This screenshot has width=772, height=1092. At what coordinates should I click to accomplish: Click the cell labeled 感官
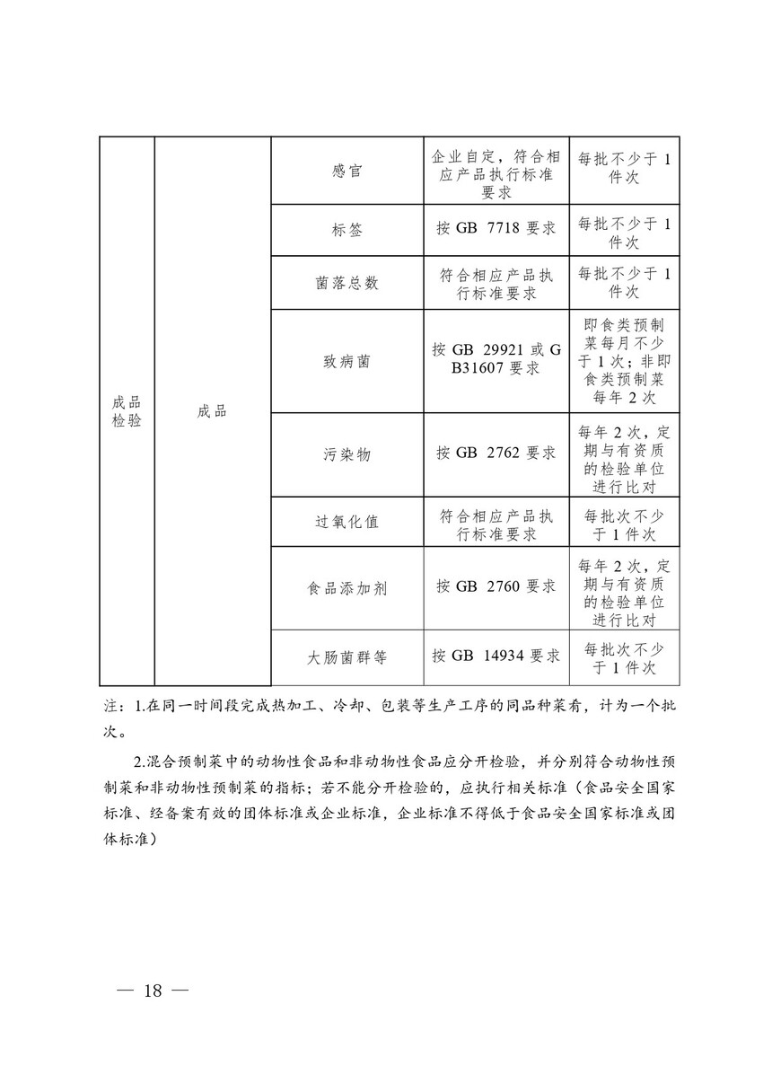pyautogui.click(x=347, y=171)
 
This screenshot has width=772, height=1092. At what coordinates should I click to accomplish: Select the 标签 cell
pyautogui.click(x=347, y=230)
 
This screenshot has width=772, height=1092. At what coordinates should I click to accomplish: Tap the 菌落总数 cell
pyautogui.click(x=347, y=283)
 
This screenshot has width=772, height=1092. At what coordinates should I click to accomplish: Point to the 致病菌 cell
pyautogui.click(x=347, y=361)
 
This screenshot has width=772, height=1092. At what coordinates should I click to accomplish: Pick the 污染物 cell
pyautogui.click(x=347, y=454)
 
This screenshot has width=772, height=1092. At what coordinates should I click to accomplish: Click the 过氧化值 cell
pyautogui.click(x=347, y=522)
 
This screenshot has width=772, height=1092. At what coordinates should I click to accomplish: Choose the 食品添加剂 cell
pyautogui.click(x=347, y=588)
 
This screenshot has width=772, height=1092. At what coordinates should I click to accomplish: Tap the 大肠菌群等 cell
pyautogui.click(x=347, y=657)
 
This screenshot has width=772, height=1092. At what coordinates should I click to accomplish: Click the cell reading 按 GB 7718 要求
pyautogui.click(x=496, y=230)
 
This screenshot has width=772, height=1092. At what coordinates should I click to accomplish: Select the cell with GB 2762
pyautogui.click(x=496, y=454)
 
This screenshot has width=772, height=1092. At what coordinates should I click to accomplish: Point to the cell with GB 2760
pyautogui.click(x=496, y=588)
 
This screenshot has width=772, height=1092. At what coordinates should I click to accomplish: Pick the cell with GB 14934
pyautogui.click(x=496, y=657)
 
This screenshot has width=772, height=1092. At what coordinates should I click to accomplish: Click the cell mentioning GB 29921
pyautogui.click(x=496, y=361)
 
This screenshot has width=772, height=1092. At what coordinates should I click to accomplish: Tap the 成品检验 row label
pyautogui.click(x=127, y=411)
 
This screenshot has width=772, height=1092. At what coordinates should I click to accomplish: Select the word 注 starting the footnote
pyautogui.click(x=110, y=707)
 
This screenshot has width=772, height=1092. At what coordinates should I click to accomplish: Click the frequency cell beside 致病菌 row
pyautogui.click(x=624, y=361)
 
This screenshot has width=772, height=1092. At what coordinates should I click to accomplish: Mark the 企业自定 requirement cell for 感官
pyautogui.click(x=496, y=171)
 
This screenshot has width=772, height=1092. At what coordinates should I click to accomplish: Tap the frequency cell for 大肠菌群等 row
pyautogui.click(x=624, y=657)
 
